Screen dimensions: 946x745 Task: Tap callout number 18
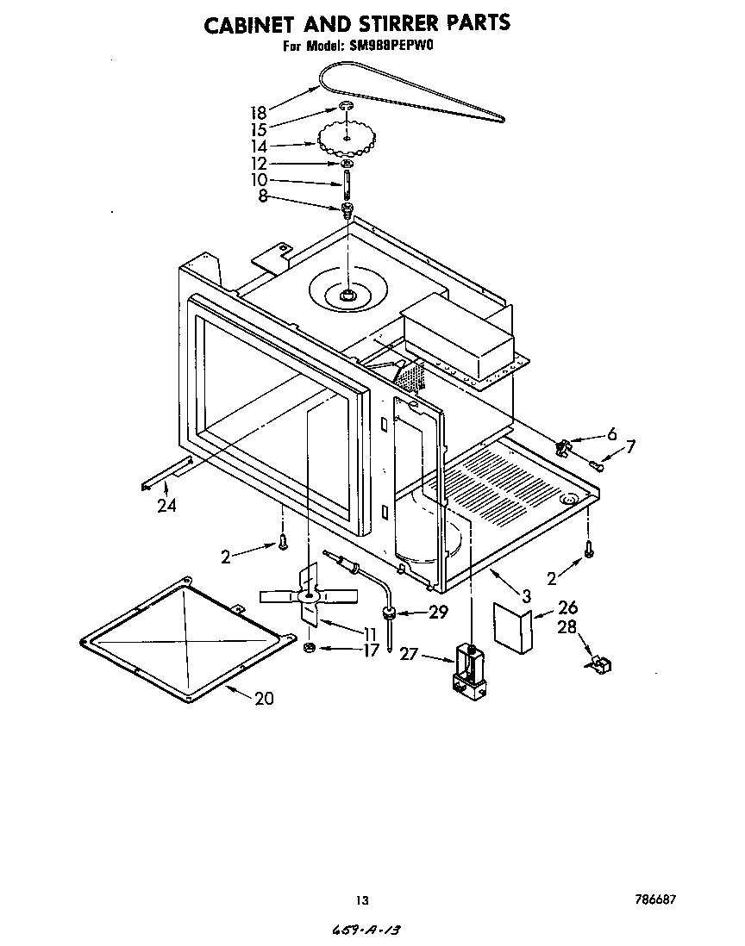pyautogui.click(x=258, y=112)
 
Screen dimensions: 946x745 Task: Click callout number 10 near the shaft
pyautogui.click(x=258, y=180)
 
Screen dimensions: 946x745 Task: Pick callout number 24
pyautogui.click(x=166, y=506)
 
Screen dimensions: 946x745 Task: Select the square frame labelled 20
pyautogui.click(x=185, y=637)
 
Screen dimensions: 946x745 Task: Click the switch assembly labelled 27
pyautogui.click(x=469, y=668)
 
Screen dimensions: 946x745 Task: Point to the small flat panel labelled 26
pyautogui.click(x=512, y=629)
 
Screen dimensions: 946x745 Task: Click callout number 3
pyautogui.click(x=525, y=595)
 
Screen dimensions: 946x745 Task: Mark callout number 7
pyautogui.click(x=630, y=446)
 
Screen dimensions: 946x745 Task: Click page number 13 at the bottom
pyautogui.click(x=362, y=900)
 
